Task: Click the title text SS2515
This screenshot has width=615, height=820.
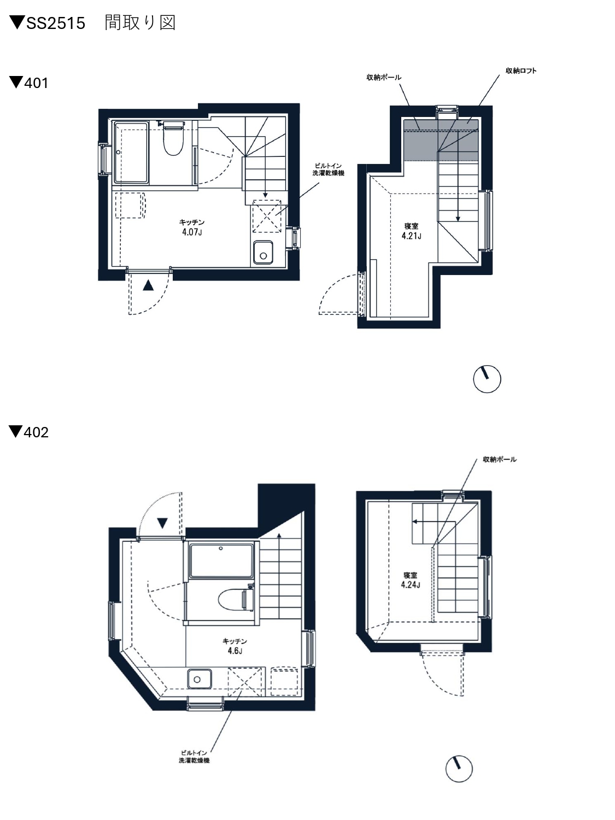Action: point(56,23)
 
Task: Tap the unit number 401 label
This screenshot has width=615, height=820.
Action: point(36,83)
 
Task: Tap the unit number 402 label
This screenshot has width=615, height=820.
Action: point(36,432)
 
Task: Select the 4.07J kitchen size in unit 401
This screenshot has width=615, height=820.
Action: point(192,232)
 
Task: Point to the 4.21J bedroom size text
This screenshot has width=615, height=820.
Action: point(412,236)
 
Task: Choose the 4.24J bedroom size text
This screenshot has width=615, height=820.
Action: point(411,584)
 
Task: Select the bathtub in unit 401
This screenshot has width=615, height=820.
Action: point(131,152)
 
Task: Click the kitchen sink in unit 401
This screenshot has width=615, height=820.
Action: point(263,253)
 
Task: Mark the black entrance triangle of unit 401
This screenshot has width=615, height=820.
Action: point(148,285)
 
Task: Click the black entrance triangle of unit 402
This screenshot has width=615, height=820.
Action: point(162,523)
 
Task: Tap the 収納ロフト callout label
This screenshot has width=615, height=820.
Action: point(521,71)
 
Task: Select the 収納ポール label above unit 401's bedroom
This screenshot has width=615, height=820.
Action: point(384,77)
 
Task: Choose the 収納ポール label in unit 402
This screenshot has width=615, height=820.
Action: point(500,459)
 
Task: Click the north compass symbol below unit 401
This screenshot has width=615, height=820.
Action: point(487,379)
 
